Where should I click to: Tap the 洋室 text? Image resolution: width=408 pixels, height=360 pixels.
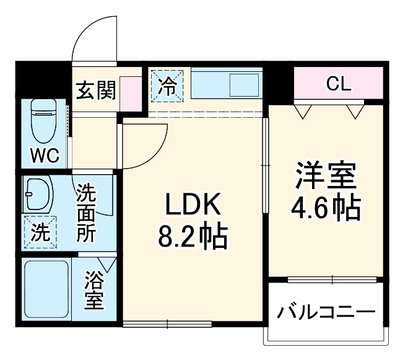point(326,176)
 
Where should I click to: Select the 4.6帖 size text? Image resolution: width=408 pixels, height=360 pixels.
point(326,209)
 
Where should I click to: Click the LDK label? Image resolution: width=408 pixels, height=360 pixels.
point(192,204)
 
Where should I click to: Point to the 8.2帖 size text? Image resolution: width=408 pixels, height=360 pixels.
point(191,236)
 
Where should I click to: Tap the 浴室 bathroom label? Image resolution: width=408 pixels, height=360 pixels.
point(95,291)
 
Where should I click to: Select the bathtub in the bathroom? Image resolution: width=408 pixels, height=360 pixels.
point(46,289)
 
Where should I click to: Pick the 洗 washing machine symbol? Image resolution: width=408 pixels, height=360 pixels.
point(40,232)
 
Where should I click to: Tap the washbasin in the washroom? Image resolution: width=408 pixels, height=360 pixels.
point(38,195)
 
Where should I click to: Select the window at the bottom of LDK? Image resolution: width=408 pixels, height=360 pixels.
point(167,323)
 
